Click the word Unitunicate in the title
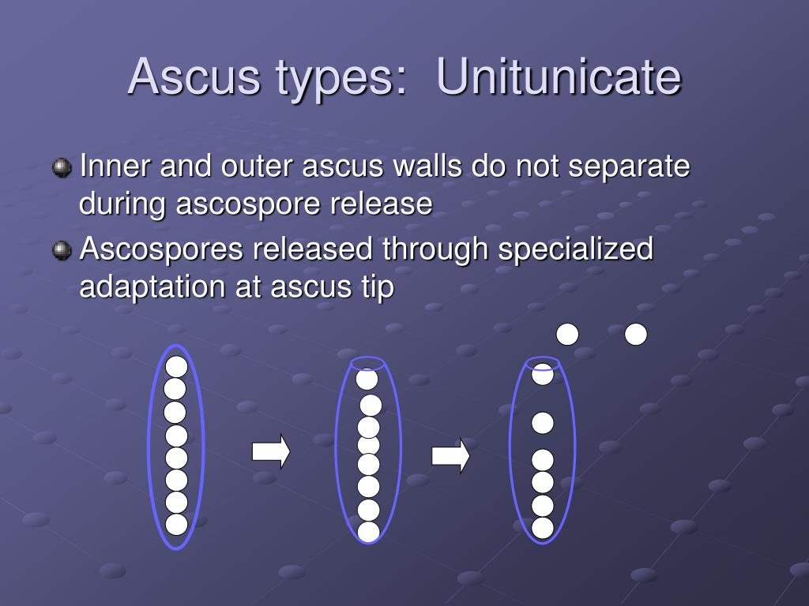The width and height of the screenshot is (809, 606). point(558,77)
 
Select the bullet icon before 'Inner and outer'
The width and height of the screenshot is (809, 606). point(62,168)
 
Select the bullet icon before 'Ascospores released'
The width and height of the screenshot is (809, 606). point(62,251)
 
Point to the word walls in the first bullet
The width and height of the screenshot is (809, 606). point(423,167)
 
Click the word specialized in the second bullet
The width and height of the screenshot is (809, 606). point(575,249)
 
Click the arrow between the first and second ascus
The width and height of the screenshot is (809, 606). point(271,452)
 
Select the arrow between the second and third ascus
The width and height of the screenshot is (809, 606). point(450,455)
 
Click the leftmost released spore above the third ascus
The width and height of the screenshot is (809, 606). point(567,335)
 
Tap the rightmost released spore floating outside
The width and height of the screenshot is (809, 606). point(636,335)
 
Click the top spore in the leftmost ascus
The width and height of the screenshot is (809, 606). point(176,366)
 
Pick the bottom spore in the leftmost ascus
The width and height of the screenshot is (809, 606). point(176,524)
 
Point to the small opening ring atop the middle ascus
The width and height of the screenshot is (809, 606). point(367,363)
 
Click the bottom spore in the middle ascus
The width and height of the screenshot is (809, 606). point(368,532)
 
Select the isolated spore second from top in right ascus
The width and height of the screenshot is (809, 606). point(543,423)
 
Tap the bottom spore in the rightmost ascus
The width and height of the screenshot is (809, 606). point(543,528)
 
